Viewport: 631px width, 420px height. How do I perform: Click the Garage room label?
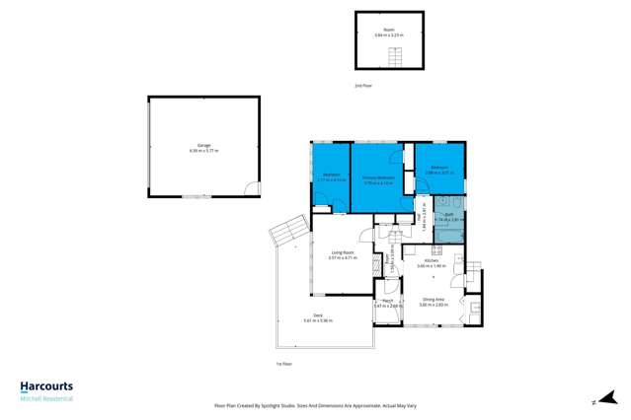click(203, 146)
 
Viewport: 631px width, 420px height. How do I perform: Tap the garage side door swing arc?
click(253, 188)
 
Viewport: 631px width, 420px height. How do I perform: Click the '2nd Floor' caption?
click(363, 87)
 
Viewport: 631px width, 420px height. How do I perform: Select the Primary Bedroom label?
click(378, 177)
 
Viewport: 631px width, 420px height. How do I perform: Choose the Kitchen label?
click(433, 261)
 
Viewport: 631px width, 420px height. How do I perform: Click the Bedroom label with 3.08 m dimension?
click(438, 168)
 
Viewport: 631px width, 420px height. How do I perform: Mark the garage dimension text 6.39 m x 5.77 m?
click(203, 151)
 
